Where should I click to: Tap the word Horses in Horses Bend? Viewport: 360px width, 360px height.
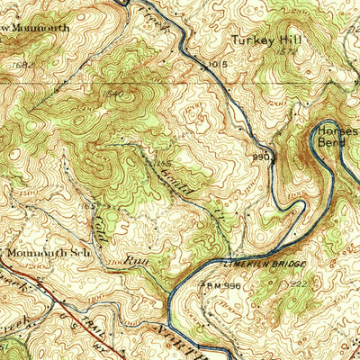[337, 130]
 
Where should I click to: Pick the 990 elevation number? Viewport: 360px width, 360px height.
[262, 156]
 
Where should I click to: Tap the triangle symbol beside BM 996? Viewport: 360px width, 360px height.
[202, 284]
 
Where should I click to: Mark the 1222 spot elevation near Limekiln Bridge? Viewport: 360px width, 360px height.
[300, 284]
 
